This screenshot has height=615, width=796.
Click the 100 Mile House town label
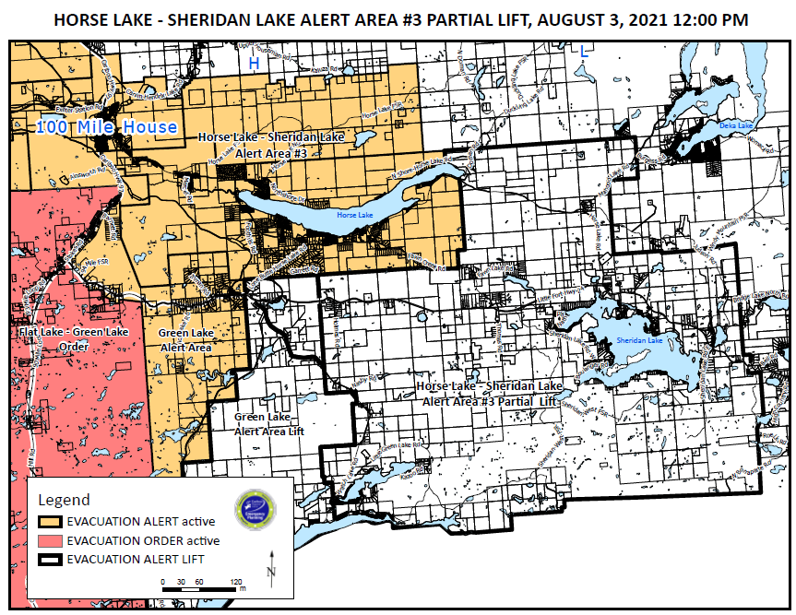pyautogui.click(x=106, y=126)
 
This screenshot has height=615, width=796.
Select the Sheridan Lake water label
pyautogui.click(x=638, y=342)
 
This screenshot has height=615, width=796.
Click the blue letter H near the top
pyautogui.click(x=254, y=63)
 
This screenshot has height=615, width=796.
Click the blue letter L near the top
pyautogui.click(x=583, y=53)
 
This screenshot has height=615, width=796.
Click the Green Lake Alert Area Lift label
pyautogui.click(x=268, y=424)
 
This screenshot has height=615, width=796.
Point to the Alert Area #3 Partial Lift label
pyautogui.click(x=489, y=394)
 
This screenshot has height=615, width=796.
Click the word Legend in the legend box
pyautogui.click(x=64, y=501)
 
